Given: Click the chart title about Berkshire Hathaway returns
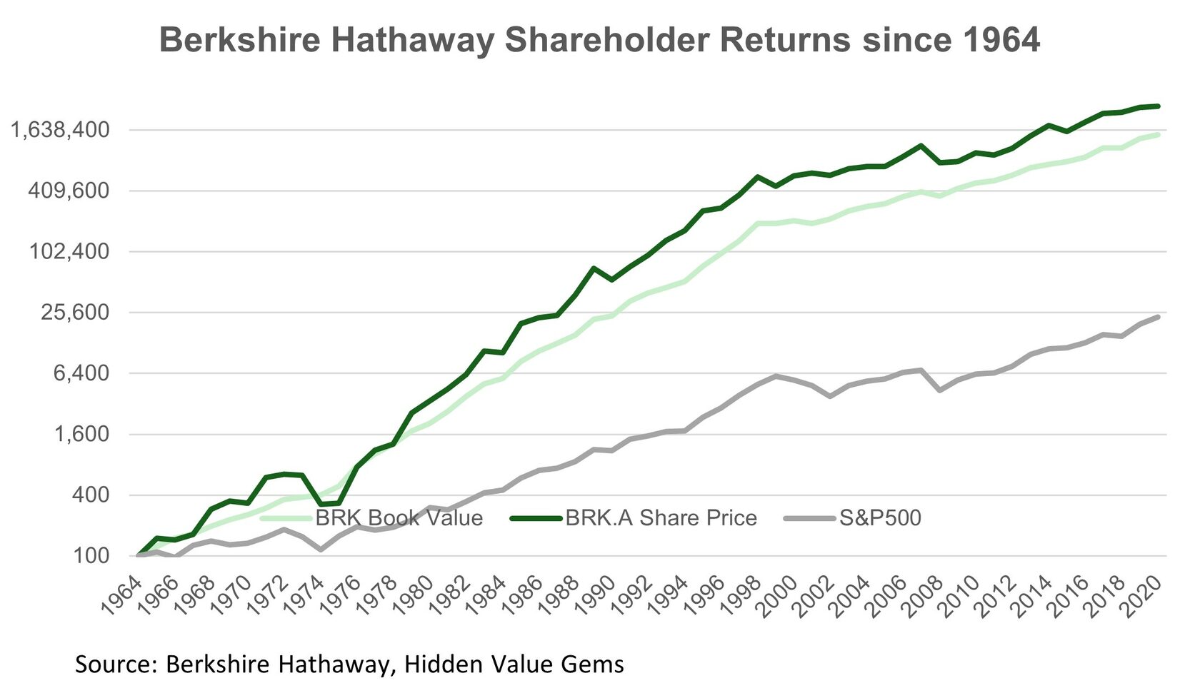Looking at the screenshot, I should coord(599,40).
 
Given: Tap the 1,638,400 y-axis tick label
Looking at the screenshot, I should coord(61,130).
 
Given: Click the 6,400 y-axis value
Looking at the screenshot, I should coord(81,373).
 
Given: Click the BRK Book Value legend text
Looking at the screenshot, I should coord(399,517).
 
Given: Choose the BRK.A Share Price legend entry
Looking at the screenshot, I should coord(661,517).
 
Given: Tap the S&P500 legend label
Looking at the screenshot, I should coord(880,517).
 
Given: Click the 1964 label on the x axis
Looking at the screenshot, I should coord(120,597).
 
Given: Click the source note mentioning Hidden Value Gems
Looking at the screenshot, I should coord(349,664).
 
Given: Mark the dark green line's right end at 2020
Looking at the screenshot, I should coord(1158,106).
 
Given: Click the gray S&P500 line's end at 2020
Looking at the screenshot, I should coord(1158,316).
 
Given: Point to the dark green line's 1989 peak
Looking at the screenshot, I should coord(594,268).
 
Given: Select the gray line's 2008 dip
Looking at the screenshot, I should coord(939,390).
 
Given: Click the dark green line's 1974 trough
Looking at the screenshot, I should coord(321,504).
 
